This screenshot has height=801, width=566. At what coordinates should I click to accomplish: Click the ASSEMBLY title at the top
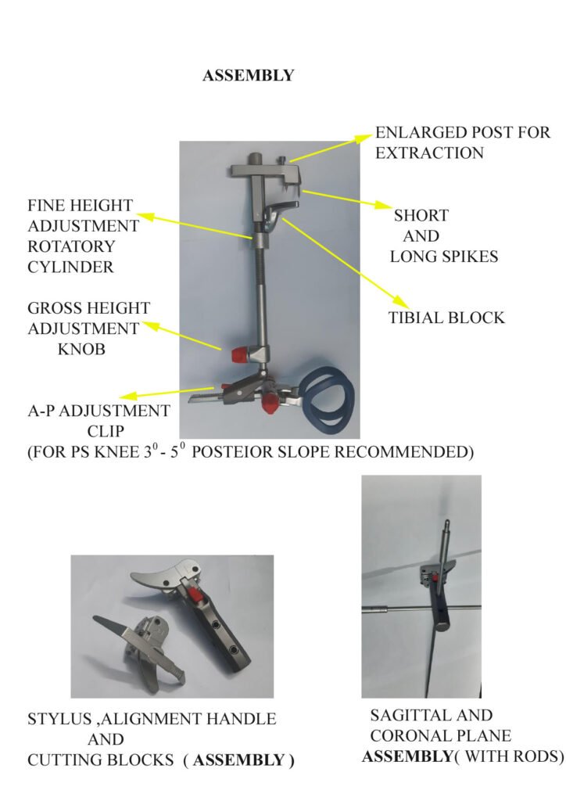tap(248, 76)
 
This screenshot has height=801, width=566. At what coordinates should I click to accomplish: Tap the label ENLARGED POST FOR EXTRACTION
tap(463, 142)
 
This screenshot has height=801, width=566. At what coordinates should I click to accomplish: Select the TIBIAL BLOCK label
tap(446, 318)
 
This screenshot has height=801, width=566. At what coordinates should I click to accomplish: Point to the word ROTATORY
tap(71, 246)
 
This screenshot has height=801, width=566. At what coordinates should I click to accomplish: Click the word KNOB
tap(81, 350)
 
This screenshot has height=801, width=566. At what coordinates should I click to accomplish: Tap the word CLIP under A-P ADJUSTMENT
tap(106, 431)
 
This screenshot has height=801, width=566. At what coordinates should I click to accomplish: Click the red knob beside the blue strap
tap(269, 404)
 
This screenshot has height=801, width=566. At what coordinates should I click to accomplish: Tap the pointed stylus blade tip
tap(95, 619)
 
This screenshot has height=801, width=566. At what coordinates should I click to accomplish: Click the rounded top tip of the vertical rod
tap(447, 523)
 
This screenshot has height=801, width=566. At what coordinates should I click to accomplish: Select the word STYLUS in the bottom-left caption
tap(59, 720)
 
